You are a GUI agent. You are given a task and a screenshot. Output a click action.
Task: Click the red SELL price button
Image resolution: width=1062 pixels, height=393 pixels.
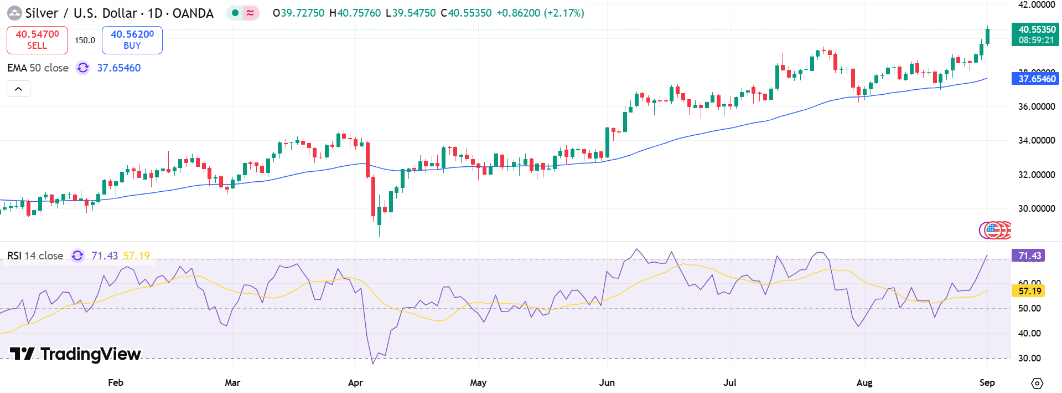(37, 40)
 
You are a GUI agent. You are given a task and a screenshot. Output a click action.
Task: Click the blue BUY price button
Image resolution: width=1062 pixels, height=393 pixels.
(132, 40)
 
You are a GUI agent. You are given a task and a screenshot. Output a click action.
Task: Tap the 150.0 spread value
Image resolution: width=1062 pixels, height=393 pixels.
(85, 40)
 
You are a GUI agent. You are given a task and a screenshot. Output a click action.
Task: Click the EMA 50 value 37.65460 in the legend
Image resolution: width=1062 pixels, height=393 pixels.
(119, 68)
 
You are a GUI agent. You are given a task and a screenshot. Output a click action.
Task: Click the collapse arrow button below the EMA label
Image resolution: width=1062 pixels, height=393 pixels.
(18, 89)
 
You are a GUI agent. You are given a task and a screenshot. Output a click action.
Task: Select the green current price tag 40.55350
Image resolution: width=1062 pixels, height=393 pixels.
(1035, 34)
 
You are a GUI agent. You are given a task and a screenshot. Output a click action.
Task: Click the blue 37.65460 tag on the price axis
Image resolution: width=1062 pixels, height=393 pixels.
(1035, 79)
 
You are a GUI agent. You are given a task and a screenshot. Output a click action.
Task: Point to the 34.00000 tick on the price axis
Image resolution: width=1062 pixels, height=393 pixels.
(1036, 141)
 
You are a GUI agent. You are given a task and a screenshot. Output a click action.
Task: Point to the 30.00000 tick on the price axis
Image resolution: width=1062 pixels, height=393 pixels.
(1036, 209)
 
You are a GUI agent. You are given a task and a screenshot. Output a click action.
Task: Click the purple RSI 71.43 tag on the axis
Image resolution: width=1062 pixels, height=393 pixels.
(1029, 256)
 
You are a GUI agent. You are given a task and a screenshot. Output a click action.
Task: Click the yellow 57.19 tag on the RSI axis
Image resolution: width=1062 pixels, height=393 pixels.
(1029, 291)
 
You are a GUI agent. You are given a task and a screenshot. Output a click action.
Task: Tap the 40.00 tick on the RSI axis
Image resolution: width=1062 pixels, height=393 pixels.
(1029, 333)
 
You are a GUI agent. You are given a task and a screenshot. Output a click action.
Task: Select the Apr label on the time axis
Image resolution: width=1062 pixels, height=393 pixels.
(355, 382)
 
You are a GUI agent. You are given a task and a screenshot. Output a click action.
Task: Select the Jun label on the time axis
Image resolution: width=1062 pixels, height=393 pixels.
(607, 382)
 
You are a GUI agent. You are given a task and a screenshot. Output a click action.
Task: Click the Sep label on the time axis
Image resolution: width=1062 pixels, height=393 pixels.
(987, 382)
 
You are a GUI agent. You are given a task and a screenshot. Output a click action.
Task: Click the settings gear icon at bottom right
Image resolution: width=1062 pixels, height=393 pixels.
(1037, 383)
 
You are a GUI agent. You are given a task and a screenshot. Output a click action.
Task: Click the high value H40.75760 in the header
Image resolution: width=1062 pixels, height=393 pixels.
(355, 13)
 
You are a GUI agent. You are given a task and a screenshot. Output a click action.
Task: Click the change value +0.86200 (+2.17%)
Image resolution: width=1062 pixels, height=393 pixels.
(540, 13)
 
